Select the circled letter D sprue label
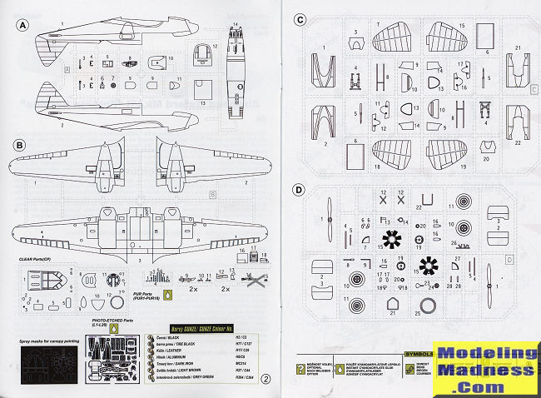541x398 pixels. (299, 190)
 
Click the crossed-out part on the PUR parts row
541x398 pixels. (249, 280)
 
